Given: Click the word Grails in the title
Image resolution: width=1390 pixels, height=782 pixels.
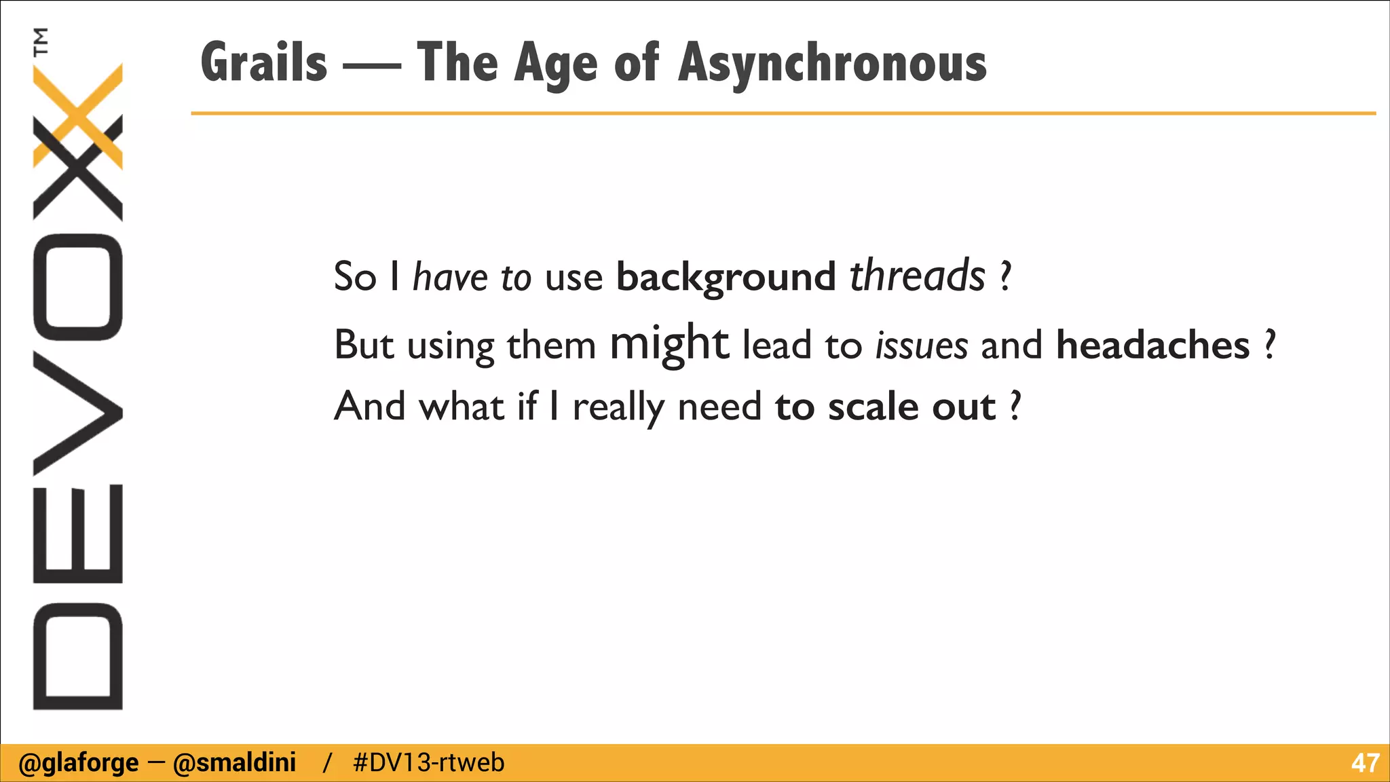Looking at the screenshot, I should [264, 63].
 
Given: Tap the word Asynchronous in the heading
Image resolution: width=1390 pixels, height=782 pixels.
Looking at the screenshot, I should [832, 63].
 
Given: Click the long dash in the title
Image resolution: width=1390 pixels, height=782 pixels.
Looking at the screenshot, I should [371, 67].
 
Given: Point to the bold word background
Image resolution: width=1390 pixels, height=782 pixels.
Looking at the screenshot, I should [726, 277].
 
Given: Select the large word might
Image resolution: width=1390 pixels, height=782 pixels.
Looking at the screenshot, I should [669, 343].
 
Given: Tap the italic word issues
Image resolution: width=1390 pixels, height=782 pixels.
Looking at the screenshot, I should [921, 345].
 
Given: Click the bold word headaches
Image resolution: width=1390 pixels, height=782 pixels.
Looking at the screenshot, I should [1152, 345].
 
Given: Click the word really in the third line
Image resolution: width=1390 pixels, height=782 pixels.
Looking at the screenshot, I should [618, 408].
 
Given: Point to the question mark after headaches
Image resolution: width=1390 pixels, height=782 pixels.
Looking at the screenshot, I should [1270, 345].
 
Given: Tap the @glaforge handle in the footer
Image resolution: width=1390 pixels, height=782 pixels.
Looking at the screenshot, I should [79, 763].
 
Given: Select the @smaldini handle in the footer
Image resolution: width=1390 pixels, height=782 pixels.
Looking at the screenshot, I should [234, 763].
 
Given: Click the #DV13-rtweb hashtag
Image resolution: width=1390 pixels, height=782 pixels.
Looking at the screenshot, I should [429, 763].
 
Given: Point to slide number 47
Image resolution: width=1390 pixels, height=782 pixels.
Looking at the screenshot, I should [1365, 763].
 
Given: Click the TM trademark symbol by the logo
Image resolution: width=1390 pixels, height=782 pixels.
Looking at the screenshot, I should [42, 41].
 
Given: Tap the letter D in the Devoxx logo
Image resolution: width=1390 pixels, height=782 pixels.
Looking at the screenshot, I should [77, 656].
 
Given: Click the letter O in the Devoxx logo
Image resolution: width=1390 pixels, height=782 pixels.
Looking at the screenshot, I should [77, 286].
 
